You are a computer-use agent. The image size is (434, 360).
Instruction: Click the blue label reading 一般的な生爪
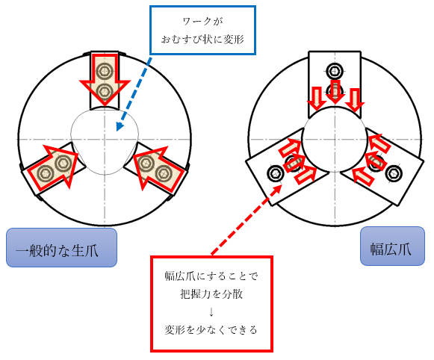pyautogui.click(x=61, y=247)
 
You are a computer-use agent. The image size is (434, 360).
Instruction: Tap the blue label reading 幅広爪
pyautogui.click(x=392, y=246)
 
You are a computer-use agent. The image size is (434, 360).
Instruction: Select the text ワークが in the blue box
pyautogui.click(x=203, y=22)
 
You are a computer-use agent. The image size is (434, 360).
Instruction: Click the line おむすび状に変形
pyautogui.click(x=202, y=40)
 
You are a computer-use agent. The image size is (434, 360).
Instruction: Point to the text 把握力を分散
pyautogui.click(x=211, y=294)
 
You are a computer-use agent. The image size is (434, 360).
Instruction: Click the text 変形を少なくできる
pyautogui.click(x=211, y=329)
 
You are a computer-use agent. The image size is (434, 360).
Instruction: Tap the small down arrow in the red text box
pyautogui.click(x=211, y=312)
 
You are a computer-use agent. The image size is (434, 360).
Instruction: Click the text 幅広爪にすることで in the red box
pyautogui.click(x=211, y=276)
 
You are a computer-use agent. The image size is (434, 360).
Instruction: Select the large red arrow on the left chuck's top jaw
pyautogui.click(x=105, y=79)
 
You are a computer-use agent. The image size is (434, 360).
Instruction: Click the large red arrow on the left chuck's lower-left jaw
pyautogui.click(x=53, y=167)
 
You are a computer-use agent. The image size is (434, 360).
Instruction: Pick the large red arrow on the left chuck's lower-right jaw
pyautogui.click(x=158, y=169)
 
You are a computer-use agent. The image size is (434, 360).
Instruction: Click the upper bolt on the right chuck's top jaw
pyautogui.click(x=335, y=71)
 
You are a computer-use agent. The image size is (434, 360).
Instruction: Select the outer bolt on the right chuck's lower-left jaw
pyautogui.click(x=276, y=174)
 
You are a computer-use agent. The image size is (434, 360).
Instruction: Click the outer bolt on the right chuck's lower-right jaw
pyautogui.click(x=394, y=174)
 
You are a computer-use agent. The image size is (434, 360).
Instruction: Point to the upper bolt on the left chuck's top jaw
pyautogui.click(x=105, y=71)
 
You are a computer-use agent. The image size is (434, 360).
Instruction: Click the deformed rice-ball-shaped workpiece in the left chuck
pyautogui.click(x=105, y=141)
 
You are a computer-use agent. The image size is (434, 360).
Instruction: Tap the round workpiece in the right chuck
pyautogui.click(x=335, y=139)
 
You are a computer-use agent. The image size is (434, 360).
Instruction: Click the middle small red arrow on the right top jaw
pyautogui.click(x=335, y=92)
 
